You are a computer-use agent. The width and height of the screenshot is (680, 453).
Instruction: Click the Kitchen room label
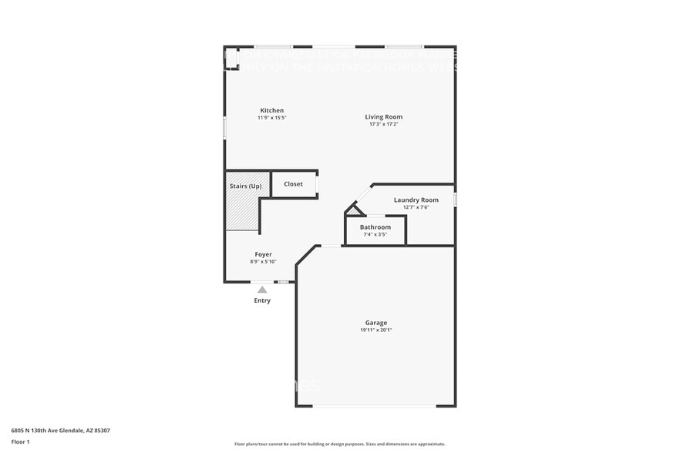271,110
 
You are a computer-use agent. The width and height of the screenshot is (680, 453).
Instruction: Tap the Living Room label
383,117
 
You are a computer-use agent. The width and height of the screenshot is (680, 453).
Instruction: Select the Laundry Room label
416,200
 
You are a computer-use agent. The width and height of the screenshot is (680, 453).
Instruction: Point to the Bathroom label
375,227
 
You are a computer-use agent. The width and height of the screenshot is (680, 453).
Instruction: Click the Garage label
376,323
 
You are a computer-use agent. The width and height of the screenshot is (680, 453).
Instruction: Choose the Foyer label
263,254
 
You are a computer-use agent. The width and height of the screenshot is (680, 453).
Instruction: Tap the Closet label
293,184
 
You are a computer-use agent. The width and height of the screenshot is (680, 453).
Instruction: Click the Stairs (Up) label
245,186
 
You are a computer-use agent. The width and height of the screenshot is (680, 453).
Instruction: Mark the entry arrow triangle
262,290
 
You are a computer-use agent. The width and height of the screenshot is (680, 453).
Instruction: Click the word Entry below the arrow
262,300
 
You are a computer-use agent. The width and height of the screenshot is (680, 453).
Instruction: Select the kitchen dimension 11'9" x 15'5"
271,118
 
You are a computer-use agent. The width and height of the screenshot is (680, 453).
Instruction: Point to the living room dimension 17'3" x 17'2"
383,124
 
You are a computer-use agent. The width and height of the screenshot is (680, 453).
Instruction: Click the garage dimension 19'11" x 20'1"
376,330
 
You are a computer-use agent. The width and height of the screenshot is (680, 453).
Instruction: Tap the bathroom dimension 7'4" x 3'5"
375,234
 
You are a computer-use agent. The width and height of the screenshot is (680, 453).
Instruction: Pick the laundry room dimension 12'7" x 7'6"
416,206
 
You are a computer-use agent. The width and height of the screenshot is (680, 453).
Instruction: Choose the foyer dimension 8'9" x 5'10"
263,261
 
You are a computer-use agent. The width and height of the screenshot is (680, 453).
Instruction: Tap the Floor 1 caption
20,441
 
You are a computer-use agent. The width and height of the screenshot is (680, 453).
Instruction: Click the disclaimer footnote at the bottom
339,444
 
